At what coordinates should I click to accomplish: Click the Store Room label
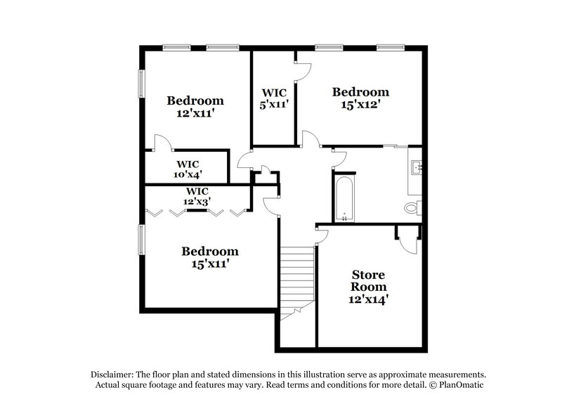tap(369, 280)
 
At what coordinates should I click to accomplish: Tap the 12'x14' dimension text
tap(369, 299)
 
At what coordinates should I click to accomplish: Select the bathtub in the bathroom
tap(344, 199)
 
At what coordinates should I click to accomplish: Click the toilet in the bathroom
tap(413, 208)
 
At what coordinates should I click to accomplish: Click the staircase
tap(296, 281)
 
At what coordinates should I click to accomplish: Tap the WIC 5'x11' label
tap(273, 98)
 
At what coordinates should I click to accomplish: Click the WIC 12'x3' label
tap(197, 196)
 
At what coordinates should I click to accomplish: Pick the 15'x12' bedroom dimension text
tap(360, 105)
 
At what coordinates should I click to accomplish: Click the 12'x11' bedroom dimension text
tap(195, 112)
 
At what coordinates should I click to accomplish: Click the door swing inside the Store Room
tap(407, 242)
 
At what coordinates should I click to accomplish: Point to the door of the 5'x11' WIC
tap(302, 70)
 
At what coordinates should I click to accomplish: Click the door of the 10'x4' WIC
tap(162, 142)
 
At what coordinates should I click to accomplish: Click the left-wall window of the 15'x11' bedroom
tap(140, 239)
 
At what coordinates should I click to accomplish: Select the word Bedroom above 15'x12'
tap(360, 92)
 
